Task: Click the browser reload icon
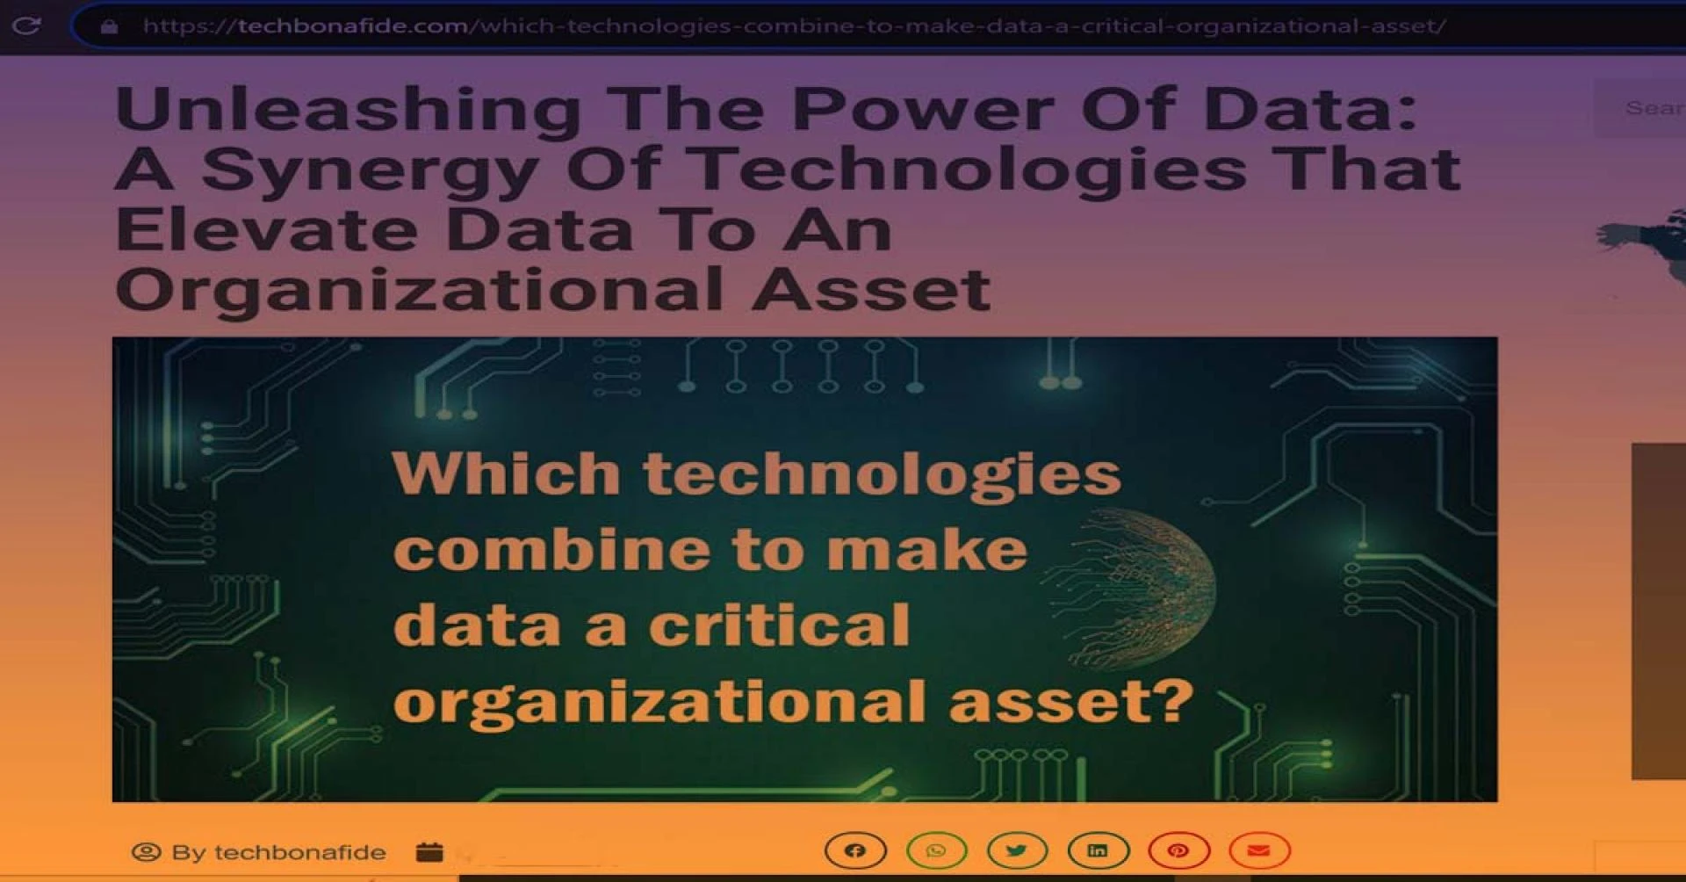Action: [x=26, y=25]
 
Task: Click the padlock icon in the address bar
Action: [x=109, y=26]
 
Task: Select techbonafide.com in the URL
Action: [x=353, y=26]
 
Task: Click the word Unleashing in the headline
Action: [x=348, y=110]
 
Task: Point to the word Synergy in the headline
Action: [x=370, y=170]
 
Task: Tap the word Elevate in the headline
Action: [x=266, y=229]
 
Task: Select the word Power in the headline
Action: [x=923, y=110]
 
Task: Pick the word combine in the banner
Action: [x=551, y=551]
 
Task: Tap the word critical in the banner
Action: [x=779, y=625]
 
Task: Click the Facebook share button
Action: [x=855, y=850]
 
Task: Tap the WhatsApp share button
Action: [x=936, y=850]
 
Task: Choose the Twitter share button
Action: [x=1017, y=850]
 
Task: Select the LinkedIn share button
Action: [x=1098, y=850]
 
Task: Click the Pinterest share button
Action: [x=1178, y=850]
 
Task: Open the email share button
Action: [x=1259, y=850]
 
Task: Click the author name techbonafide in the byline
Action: [x=299, y=852]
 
